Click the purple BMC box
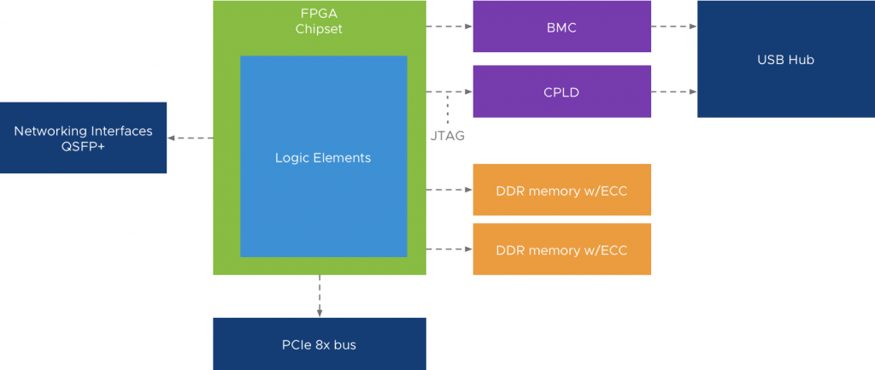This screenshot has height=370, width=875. point(561,26)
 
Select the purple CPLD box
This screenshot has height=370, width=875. point(561,91)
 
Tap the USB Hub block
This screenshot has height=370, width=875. point(785,59)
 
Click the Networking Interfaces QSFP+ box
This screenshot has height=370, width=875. point(83,138)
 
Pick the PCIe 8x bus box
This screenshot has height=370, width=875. point(319,344)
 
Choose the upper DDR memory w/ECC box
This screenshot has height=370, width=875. point(561,190)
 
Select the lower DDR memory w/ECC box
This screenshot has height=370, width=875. point(561,250)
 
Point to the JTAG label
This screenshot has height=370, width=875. point(448,135)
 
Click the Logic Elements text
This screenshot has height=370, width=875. point(323,158)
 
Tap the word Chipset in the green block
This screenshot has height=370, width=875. point(319,29)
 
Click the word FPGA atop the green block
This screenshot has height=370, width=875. point(319,14)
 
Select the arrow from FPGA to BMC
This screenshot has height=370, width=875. point(449,26)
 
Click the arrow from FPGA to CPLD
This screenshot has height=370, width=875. point(449,91)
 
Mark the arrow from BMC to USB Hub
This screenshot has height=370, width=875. point(674,26)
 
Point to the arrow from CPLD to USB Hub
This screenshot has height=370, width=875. point(674,91)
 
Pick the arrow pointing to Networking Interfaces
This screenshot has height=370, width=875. point(190,138)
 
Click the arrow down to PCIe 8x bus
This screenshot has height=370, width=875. point(320,296)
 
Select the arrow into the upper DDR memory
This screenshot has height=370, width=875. point(449,190)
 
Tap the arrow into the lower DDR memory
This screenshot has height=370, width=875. point(449,250)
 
